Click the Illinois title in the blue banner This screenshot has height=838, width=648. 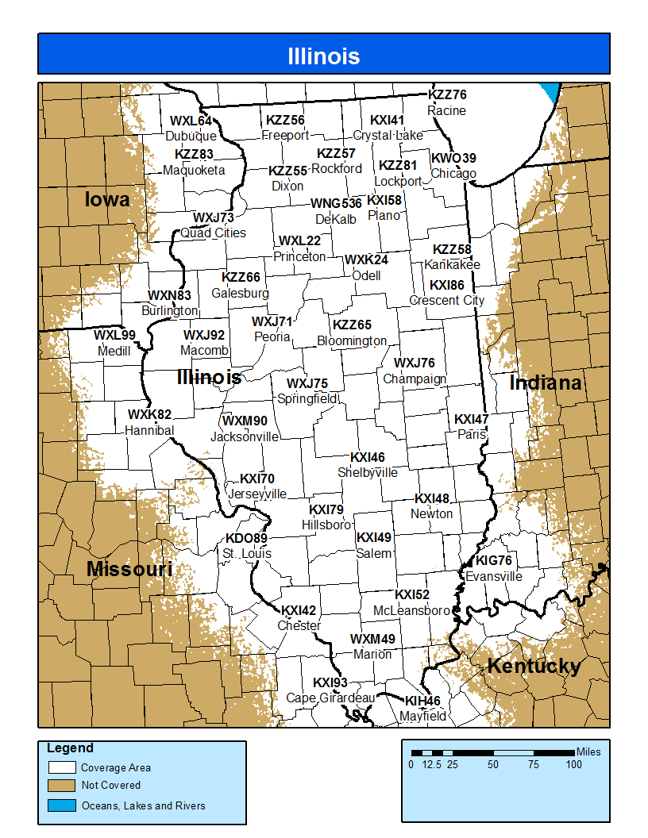tap(323, 56)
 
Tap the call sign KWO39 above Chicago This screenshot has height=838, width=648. tap(453, 159)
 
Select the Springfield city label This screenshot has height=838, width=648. tap(307, 398)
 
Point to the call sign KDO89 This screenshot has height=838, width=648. tap(246, 539)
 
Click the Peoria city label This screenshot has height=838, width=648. tap(272, 336)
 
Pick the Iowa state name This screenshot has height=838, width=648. tap(107, 200)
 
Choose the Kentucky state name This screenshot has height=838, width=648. tap(534, 667)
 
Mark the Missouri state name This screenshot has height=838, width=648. tap(129, 570)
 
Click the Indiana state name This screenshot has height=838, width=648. tap(546, 384)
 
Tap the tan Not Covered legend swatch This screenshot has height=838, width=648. tap(62, 786)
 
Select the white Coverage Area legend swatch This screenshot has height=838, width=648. tap(62, 767)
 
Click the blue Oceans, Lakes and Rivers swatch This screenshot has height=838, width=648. tap(62, 805)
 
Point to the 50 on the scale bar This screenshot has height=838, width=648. tap(493, 765)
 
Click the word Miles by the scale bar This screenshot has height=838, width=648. tap(588, 752)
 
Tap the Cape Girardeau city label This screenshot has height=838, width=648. tap(330, 698)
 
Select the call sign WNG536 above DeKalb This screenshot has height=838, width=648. tap(336, 204)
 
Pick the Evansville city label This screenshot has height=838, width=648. tap(494, 576)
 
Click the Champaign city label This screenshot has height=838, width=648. tap(415, 379)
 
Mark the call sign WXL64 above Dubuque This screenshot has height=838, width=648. tap(191, 121)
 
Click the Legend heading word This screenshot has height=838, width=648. tap(70, 748)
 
